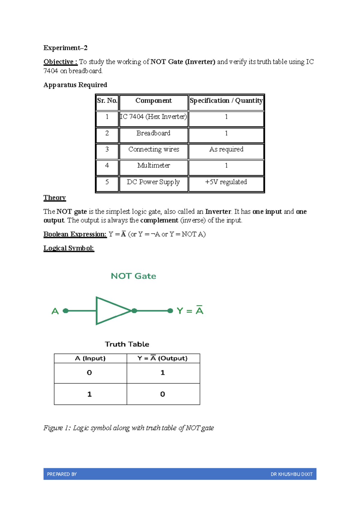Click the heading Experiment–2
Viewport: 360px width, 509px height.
65,48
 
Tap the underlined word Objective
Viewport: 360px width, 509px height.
60,62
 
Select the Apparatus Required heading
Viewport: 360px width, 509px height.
75,85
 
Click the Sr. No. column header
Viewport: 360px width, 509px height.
107,101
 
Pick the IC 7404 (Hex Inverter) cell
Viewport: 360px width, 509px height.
153,117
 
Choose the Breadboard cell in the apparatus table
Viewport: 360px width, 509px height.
153,133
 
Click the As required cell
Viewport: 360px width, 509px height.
226,149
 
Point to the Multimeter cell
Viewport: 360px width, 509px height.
153,166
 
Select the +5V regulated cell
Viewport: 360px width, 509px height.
226,182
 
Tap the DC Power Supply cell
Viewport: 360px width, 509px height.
153,182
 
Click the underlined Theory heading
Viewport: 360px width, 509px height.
55,198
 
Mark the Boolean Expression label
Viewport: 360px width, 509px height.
75,234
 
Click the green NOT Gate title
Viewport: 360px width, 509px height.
133,276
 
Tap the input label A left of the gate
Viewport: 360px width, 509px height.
55,311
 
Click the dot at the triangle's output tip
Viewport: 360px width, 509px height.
134,311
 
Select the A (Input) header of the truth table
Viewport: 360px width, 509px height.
90,358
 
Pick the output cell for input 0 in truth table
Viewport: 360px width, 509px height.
163,373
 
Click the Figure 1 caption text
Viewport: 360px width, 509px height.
128,428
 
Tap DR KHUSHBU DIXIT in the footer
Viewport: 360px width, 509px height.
291,474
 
